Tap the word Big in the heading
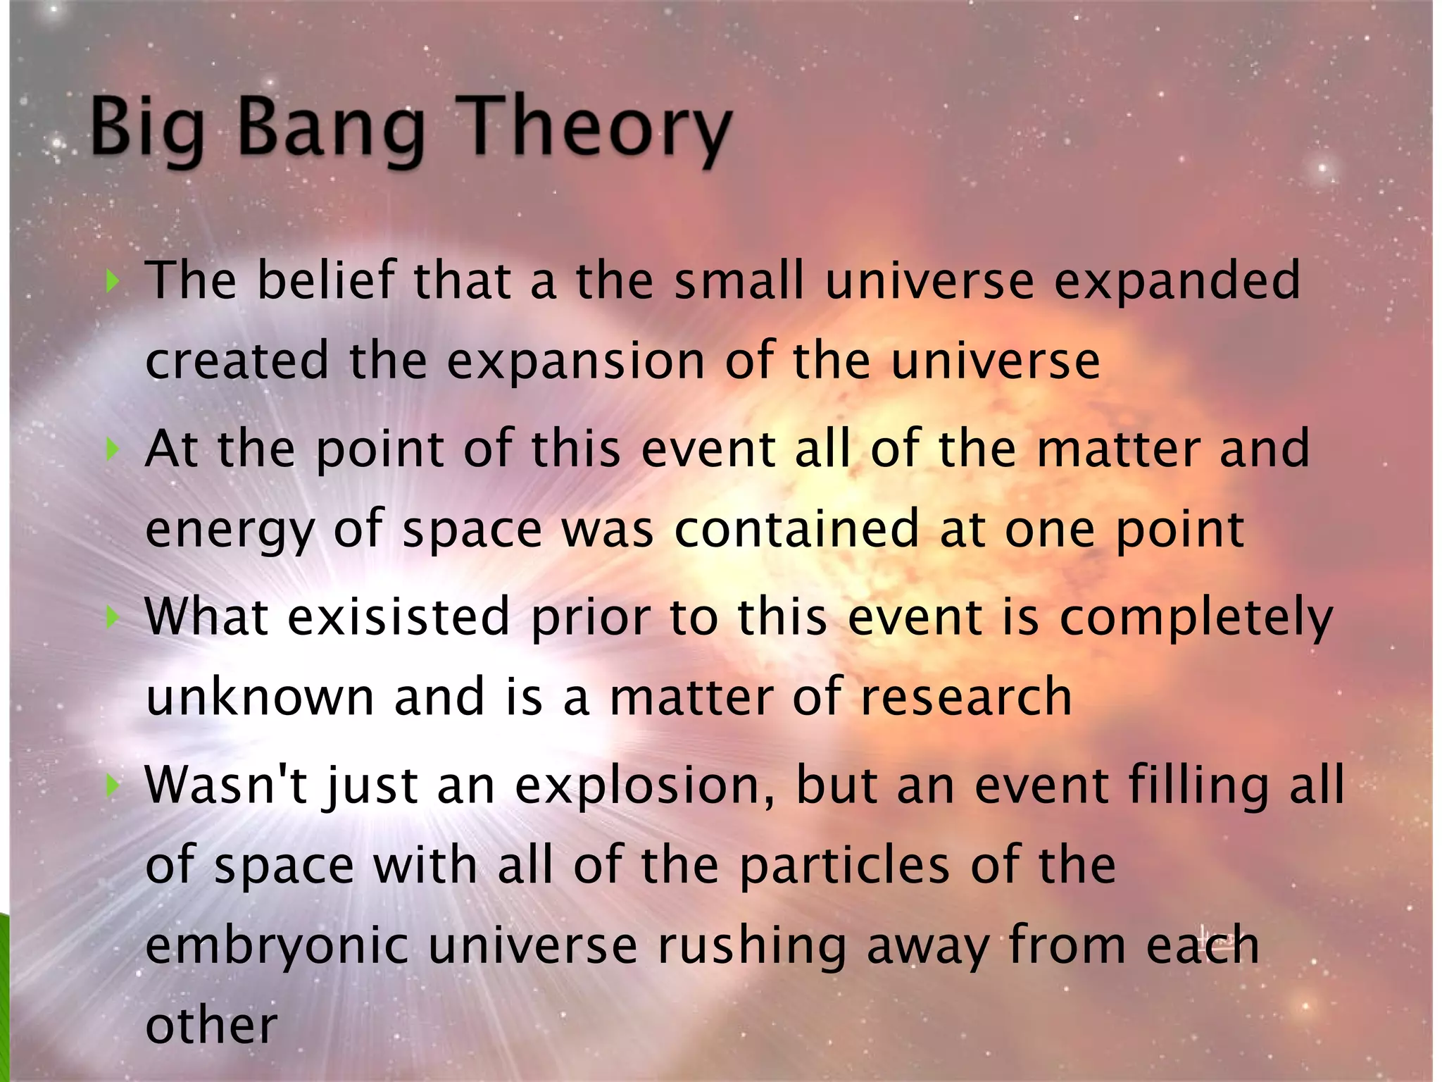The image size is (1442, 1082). click(148, 127)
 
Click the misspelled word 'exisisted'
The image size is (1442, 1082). click(399, 618)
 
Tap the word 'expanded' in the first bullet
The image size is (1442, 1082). click(1177, 281)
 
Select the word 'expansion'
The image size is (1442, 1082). click(576, 361)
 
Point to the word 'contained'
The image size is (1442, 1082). click(796, 529)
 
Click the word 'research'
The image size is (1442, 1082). click(966, 697)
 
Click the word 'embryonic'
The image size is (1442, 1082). click(277, 947)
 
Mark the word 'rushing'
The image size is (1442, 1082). click(752, 947)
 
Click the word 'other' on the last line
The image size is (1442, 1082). click(211, 1026)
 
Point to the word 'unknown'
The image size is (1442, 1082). click(260, 697)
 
